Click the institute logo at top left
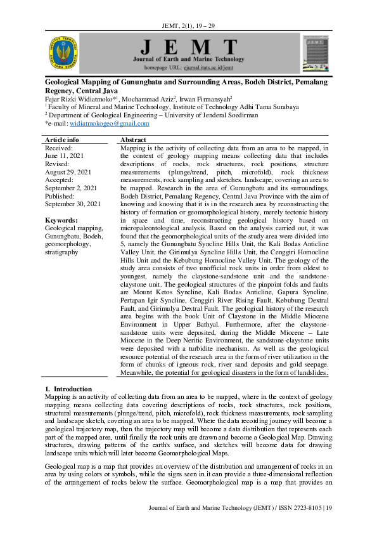coord(63,53)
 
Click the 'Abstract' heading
coord(133,140)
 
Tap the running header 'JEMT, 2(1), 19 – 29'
coord(189,25)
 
